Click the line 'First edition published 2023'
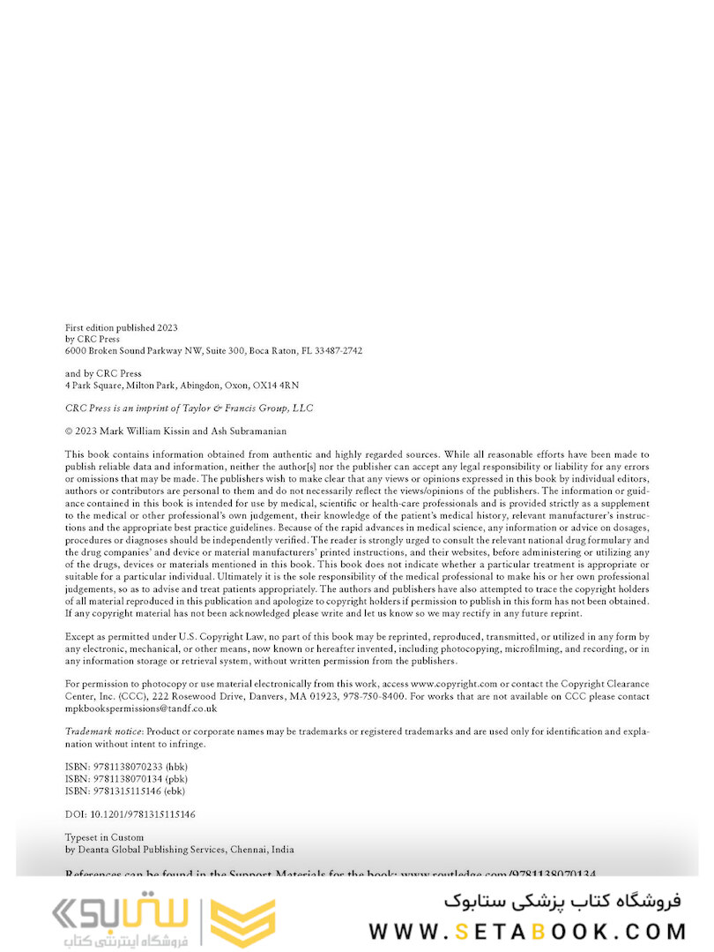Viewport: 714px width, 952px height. [121, 327]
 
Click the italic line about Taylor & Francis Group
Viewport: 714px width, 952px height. [189, 408]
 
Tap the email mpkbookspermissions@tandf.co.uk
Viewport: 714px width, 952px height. [141, 708]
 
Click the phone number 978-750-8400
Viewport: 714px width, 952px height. [380, 695]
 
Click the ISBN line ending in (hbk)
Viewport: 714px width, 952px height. [126, 766]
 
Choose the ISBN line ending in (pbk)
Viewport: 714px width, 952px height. [126, 778]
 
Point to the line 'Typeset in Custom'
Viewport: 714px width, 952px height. [104, 836]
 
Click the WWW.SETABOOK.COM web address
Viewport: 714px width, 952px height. [527, 931]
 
